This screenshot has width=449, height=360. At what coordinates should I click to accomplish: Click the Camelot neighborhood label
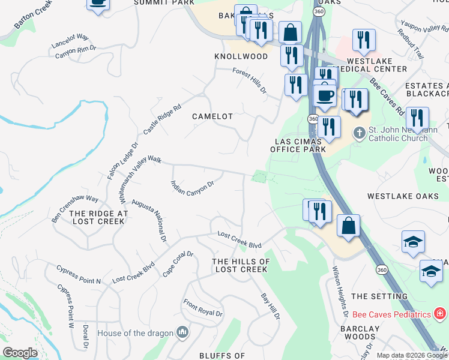click(x=212, y=116)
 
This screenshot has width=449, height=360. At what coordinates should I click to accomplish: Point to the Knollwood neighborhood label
click(x=241, y=56)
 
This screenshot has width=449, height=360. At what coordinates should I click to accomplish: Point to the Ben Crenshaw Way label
click(x=74, y=208)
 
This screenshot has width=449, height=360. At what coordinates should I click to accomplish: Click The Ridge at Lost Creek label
click(x=98, y=217)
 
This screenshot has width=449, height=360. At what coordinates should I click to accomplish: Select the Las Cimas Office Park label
click(x=298, y=145)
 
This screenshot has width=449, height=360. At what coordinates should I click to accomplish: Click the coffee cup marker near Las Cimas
click(x=325, y=95)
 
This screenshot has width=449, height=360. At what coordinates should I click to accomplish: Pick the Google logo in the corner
click(x=20, y=353)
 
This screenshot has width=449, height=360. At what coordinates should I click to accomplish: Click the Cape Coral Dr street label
click(x=178, y=264)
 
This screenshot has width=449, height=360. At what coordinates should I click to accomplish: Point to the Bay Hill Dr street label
click(x=270, y=306)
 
